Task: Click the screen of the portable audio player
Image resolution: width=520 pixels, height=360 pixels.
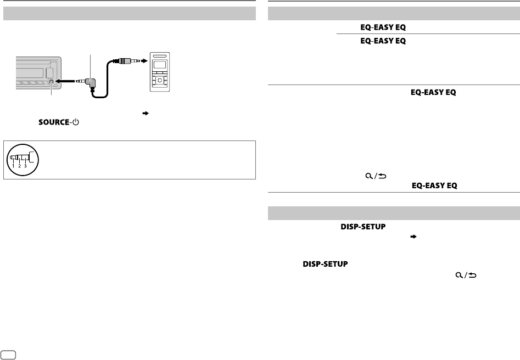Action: pyautogui.click(x=160, y=65)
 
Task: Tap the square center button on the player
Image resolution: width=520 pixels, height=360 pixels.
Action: pyautogui.click(x=160, y=81)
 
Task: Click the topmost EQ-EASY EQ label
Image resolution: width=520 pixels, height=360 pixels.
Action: pyautogui.click(x=376, y=27)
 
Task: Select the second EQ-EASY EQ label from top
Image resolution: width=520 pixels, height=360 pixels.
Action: pyautogui.click(x=376, y=41)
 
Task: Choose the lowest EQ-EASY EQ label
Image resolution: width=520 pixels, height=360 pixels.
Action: pyautogui.click(x=434, y=186)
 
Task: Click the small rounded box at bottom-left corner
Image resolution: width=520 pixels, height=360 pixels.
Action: pyautogui.click(x=8, y=354)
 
